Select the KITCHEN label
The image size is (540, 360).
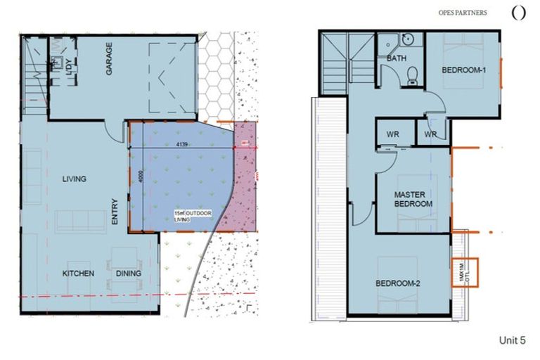[x=79, y=273]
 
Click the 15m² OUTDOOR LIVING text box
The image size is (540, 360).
[x=193, y=215]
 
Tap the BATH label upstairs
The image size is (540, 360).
[x=397, y=58]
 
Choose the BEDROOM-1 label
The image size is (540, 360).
[x=464, y=70]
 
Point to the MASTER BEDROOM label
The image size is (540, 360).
[x=413, y=199]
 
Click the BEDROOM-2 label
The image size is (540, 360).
[x=397, y=283]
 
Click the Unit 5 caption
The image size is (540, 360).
[x=511, y=340]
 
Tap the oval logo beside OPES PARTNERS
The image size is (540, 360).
[x=518, y=13]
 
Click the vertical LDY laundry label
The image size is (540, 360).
[x=69, y=68]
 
